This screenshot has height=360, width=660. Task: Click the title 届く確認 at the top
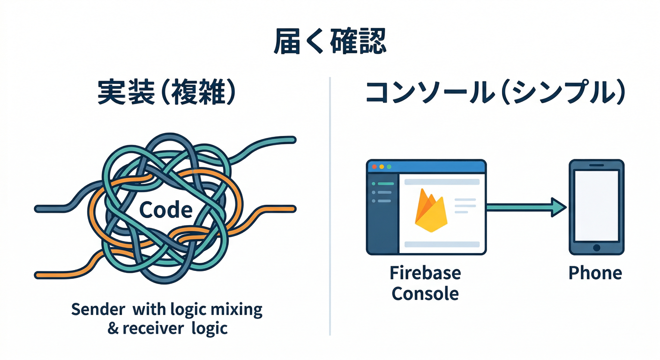[x=330, y=44]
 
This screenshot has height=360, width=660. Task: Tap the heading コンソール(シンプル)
[x=495, y=93]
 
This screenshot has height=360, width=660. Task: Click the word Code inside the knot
[x=166, y=210]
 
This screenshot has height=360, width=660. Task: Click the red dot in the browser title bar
[x=374, y=167]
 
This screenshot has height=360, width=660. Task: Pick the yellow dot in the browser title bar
[x=381, y=167]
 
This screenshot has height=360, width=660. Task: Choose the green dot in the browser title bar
[x=388, y=167]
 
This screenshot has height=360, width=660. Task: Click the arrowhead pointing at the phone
[x=559, y=207]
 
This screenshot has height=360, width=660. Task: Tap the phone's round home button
[x=596, y=247]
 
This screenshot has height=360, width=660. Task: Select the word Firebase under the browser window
[x=425, y=273]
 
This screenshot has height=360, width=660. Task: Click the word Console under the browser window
[x=425, y=294]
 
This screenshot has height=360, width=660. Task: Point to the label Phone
[x=595, y=273]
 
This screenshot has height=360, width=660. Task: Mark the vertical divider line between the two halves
[x=330, y=206]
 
